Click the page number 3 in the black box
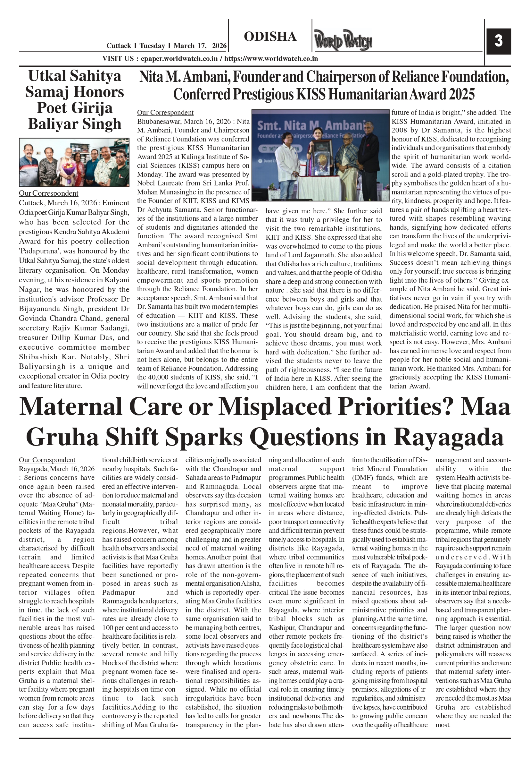click(498, 41)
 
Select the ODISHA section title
click(270, 37)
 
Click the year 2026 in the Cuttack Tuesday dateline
click(219, 46)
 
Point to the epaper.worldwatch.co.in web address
click(179, 59)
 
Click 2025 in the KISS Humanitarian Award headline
click(461, 95)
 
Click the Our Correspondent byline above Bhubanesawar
click(165, 113)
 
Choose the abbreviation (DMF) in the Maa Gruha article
click(362, 478)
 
